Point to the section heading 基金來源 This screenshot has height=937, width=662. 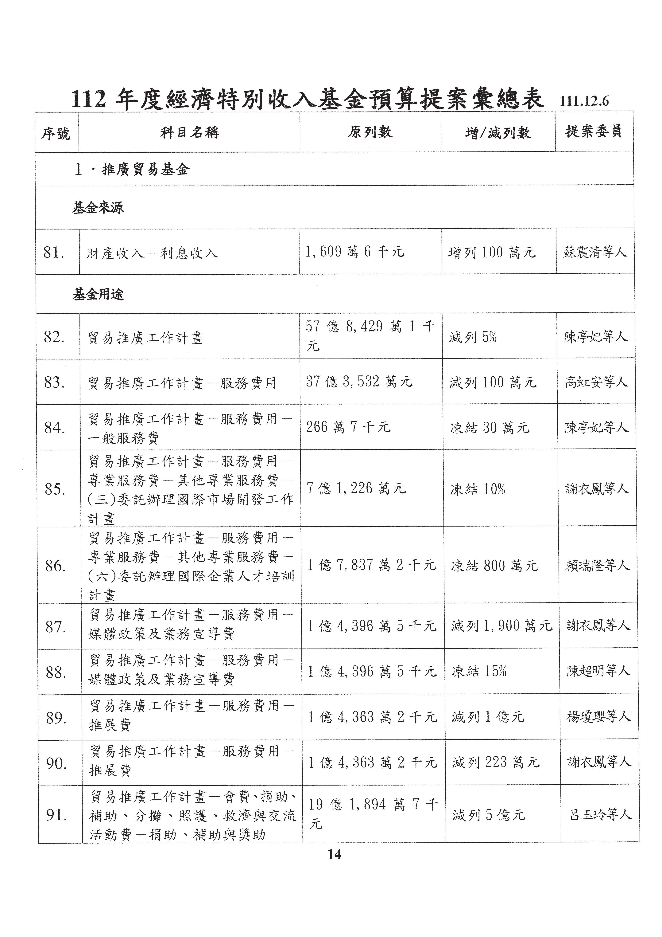tap(98, 208)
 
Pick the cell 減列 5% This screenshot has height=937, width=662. tap(473, 337)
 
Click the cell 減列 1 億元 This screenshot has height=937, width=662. tap(488, 717)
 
